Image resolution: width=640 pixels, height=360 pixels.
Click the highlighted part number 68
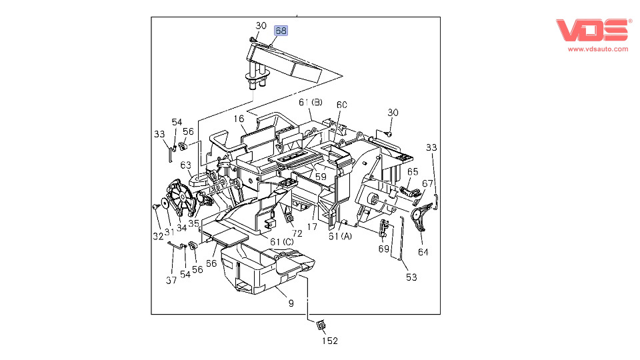281,31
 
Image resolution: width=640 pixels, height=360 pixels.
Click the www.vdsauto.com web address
598,49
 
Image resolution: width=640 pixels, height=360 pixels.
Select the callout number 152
330,341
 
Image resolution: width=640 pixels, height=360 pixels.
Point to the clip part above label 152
321,325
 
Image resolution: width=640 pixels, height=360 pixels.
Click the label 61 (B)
311,102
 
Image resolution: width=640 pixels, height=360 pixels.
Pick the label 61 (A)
340,236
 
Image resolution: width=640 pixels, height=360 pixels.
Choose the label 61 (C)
281,241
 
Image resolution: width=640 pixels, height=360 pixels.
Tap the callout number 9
291,303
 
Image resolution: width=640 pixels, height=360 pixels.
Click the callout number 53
411,277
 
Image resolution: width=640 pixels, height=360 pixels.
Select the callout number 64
423,252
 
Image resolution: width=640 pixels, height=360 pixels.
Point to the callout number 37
171,280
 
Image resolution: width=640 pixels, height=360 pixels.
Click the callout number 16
239,119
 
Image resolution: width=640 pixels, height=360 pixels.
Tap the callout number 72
297,233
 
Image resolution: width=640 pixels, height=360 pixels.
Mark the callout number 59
321,176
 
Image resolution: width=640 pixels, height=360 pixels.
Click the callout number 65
413,172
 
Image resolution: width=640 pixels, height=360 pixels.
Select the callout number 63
186,165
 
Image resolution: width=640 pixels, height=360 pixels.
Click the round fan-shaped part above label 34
181,198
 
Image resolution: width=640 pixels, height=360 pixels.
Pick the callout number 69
384,249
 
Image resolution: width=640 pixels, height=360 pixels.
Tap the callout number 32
158,236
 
